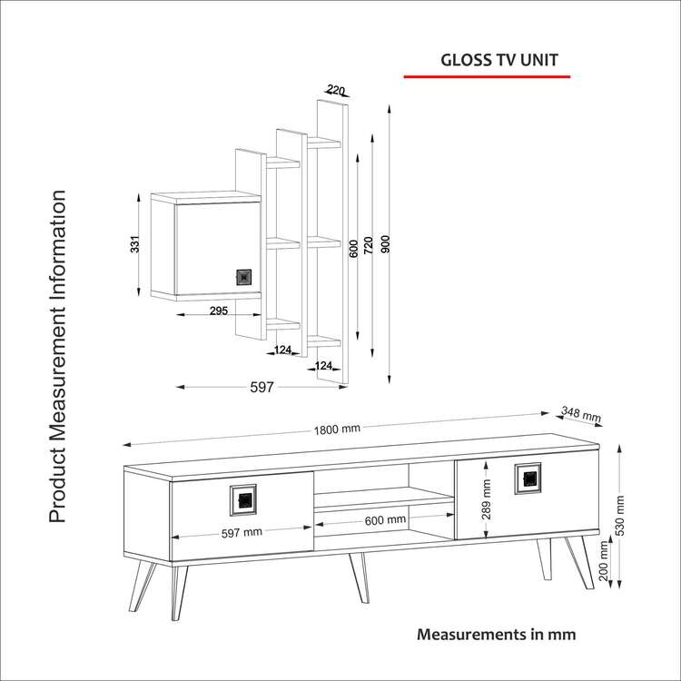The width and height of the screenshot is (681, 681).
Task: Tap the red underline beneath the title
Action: tap(486, 78)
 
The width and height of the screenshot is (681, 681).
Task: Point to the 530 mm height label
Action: tap(620, 517)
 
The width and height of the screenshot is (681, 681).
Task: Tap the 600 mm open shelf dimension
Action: tap(385, 520)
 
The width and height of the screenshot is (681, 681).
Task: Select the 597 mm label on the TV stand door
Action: tap(242, 533)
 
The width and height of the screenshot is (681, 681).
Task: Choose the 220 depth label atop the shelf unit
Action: tap(336, 90)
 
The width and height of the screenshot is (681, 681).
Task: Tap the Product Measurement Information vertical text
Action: tap(57, 357)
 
